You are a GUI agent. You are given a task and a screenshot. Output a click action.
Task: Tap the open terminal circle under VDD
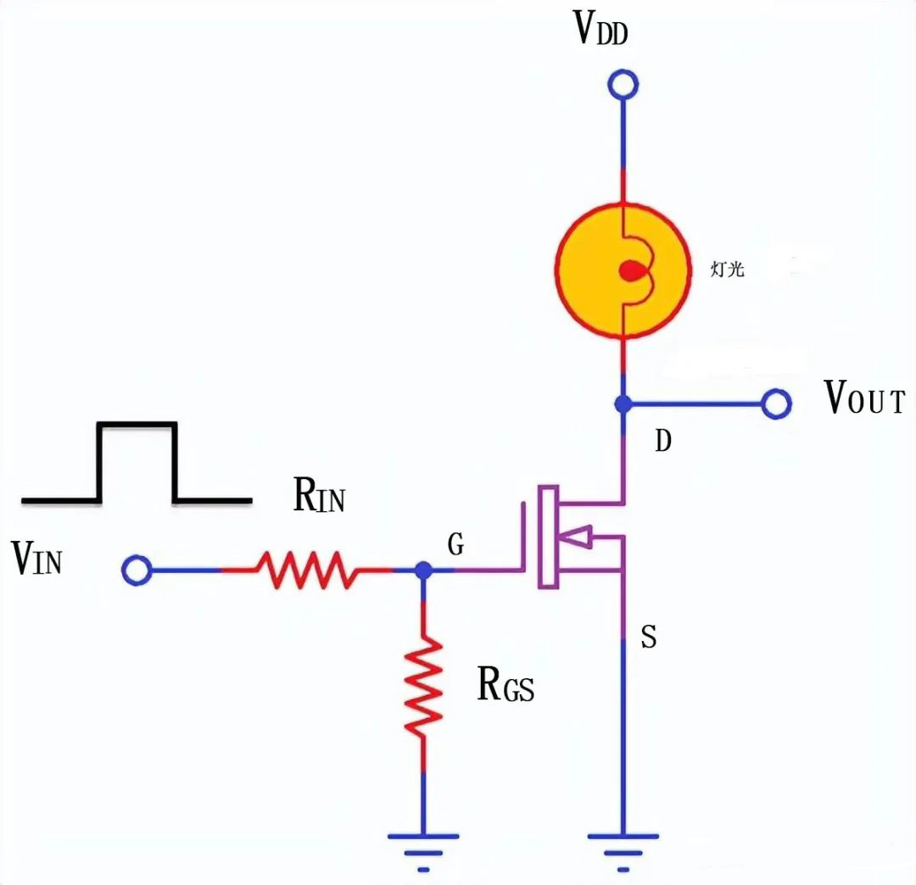[623, 85]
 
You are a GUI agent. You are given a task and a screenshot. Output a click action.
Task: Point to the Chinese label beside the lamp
[727, 271]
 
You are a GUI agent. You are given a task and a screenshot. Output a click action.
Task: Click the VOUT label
[865, 398]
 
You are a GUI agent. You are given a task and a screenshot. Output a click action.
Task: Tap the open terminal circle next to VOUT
[776, 404]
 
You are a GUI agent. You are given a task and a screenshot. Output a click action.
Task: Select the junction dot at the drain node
[623, 404]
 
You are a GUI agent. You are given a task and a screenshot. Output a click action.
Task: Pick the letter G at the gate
[455, 546]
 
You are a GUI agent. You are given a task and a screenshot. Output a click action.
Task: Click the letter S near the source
[648, 637]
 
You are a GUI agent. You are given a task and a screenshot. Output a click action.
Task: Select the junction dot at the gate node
[424, 571]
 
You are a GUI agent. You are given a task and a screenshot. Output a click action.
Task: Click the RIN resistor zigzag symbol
[307, 570]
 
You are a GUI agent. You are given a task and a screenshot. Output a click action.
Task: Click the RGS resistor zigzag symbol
[424, 687]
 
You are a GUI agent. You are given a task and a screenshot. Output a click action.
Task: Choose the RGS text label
[505, 686]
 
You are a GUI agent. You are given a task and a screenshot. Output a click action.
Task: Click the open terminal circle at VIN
[137, 571]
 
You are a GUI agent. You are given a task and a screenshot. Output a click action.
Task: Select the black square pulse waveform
[137, 463]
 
